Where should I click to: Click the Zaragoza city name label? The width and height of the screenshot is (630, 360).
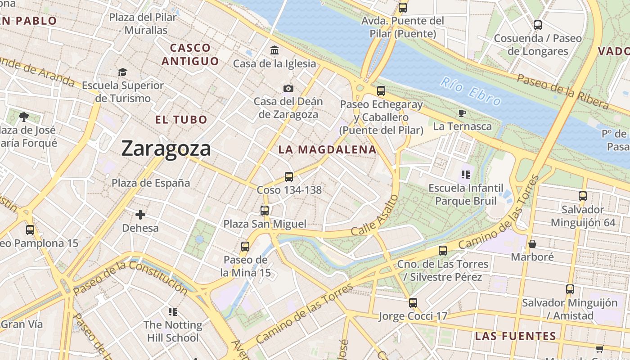click(166, 148)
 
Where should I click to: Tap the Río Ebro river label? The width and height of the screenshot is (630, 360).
click(470, 91)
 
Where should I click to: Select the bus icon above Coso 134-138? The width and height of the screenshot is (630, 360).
click(289, 176)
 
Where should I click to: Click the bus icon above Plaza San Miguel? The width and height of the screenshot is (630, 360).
click(265, 210)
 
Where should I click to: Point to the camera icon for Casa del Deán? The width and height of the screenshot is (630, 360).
click(288, 88)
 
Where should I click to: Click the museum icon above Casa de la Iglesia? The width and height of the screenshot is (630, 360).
click(274, 50)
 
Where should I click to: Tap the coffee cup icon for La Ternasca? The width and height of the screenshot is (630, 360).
click(462, 113)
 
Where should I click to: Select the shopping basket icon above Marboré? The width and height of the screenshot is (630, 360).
click(532, 244)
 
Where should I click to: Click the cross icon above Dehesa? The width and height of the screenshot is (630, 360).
click(140, 215)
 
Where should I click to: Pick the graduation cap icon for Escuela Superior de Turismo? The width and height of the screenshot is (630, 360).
click(122, 72)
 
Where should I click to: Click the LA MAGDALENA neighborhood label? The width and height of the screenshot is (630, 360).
click(327, 150)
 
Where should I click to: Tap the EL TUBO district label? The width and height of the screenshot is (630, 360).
click(181, 120)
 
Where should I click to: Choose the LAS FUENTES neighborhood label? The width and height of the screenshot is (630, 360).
click(516, 336)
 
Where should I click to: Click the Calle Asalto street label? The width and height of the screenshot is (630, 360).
click(374, 216)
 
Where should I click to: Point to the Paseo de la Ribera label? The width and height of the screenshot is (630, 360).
click(562, 92)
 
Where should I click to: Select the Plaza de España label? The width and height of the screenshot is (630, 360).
click(151, 183)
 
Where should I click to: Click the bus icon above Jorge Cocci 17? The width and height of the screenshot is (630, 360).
click(413, 303)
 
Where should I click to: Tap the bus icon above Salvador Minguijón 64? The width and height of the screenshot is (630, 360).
click(583, 196)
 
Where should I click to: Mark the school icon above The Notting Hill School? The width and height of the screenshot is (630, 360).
click(173, 311)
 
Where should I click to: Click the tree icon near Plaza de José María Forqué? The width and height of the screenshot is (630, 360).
click(24, 117)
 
